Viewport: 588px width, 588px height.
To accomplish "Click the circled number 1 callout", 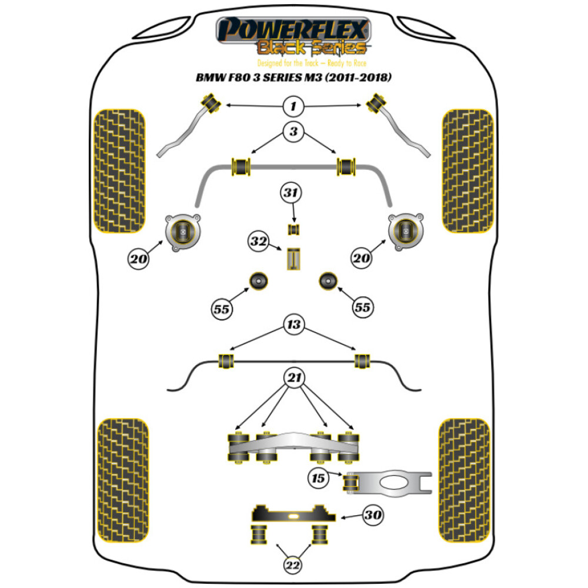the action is point(293,106).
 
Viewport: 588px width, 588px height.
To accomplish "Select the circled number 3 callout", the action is point(293,132).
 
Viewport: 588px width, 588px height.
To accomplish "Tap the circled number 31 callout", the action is point(290,193).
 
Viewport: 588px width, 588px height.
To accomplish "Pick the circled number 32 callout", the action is point(258,241).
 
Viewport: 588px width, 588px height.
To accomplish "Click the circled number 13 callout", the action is point(293,325).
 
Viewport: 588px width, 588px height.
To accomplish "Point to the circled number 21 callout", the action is point(294,377).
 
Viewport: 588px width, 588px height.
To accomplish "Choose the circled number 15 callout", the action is point(318,478).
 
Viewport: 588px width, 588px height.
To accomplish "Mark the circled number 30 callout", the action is point(373,515).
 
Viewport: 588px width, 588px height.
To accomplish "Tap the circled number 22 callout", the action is point(293,565).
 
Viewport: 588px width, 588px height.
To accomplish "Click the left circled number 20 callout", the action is point(138,259).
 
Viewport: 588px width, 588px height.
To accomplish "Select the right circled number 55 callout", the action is point(363,308).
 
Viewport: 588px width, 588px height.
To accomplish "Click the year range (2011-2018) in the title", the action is point(358,77).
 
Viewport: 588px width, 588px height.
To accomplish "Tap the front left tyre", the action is point(119,171).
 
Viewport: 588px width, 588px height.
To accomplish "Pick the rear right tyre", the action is point(465,480).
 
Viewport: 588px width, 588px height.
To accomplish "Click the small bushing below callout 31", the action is point(293,229).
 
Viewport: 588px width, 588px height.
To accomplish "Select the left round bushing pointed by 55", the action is point(258,281).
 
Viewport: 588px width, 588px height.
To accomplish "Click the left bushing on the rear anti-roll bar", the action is point(226,361).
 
